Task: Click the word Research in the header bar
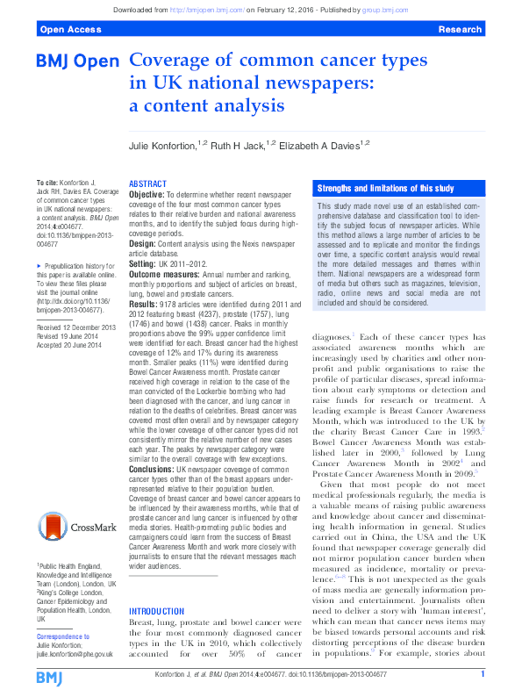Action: [x=459, y=29]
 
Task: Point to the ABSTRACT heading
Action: [x=147, y=184]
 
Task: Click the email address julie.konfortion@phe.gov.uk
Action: [x=75, y=654]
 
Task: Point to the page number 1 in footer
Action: [x=483, y=674]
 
